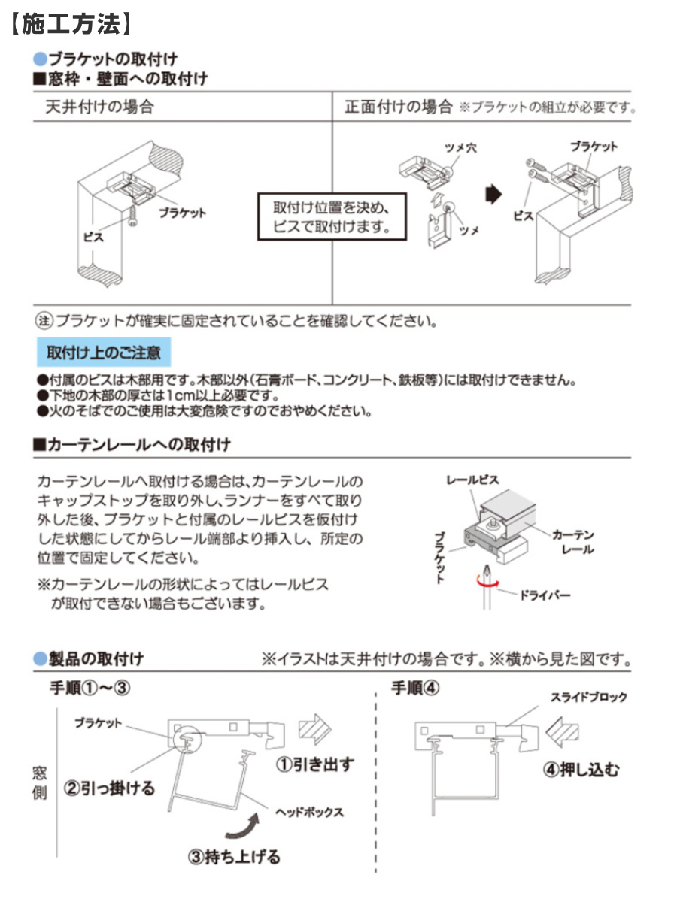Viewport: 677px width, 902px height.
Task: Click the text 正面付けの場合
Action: point(397,107)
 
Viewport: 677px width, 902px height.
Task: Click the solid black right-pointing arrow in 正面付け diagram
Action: point(493,195)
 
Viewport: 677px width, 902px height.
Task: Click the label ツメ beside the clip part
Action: point(469,231)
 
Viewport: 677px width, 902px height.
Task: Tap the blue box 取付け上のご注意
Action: point(104,352)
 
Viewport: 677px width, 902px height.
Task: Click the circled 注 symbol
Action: point(44,321)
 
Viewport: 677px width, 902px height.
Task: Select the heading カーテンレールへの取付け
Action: point(132,445)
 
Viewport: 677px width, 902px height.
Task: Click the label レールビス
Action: point(472,479)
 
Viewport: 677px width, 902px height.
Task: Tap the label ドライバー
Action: point(545,596)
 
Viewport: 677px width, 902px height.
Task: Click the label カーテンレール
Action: point(573,541)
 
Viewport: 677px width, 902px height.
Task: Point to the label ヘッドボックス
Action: point(309,812)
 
